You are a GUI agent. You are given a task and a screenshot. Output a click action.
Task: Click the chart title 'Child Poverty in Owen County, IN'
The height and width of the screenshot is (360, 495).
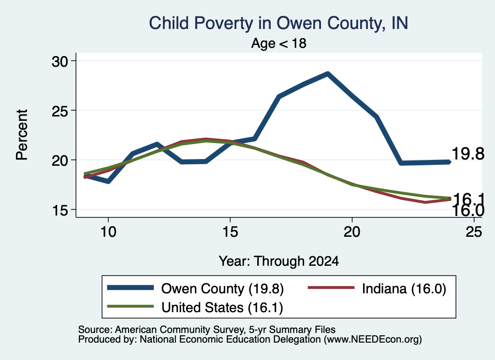278,23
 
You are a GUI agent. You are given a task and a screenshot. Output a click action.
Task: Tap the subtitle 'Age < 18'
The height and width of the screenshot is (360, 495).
279,43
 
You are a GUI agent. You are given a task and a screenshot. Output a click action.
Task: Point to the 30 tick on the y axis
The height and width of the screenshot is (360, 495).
60,61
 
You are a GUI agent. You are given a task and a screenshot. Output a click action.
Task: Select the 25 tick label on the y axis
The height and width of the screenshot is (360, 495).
60,111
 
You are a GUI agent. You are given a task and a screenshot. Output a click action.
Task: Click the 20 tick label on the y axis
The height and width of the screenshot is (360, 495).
60,160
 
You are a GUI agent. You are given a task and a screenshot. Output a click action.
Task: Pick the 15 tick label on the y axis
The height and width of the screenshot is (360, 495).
60,210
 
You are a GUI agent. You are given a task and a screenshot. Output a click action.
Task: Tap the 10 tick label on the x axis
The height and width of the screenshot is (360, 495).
108,232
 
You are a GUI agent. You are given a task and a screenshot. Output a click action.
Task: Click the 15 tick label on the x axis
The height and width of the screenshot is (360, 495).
230,232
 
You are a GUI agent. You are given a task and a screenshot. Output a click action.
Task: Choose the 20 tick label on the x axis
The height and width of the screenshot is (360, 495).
352,232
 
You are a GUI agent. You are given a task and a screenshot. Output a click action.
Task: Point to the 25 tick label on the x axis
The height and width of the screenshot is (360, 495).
474,232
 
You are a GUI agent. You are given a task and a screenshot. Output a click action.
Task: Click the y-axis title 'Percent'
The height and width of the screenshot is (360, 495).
22,135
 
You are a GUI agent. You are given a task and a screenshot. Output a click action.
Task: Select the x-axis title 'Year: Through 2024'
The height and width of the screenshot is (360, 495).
279,261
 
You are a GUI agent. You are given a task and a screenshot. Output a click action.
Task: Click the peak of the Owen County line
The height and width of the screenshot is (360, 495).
328,74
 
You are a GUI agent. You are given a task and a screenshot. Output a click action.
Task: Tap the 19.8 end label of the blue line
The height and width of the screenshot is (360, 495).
468,154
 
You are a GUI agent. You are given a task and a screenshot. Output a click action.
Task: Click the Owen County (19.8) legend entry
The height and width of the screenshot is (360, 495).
195,288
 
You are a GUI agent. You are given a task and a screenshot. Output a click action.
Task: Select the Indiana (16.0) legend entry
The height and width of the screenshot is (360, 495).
377,288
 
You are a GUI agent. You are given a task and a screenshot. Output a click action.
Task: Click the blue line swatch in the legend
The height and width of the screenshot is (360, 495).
131,288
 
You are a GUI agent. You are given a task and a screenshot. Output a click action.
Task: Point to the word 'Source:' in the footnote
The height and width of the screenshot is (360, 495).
95,330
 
